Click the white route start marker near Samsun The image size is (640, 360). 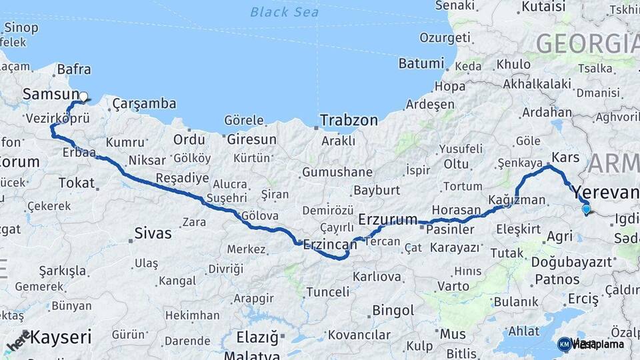83,97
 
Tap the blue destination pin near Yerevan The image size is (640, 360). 586,209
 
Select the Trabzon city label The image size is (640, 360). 349,121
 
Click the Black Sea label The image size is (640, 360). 285,12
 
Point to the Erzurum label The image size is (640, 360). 388,219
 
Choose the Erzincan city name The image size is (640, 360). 330,245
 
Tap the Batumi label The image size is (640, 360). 421,64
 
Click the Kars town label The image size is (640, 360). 565,158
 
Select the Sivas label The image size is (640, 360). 153,233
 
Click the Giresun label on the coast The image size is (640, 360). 251,140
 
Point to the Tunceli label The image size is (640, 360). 327,292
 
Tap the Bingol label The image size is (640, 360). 393,311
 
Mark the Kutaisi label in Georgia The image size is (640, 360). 543,7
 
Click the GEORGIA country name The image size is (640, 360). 587,44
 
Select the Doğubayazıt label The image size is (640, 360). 571,262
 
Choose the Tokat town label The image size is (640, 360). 77,183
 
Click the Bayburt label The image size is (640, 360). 376,190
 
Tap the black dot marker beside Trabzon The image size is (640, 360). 316,124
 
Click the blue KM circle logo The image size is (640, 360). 564,344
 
